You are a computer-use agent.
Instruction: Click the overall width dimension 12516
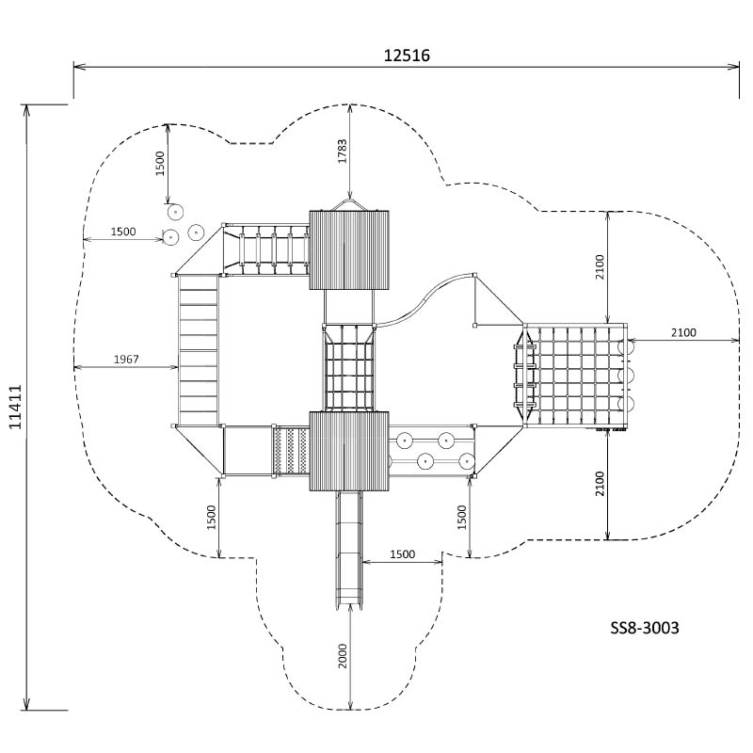coord(407,55)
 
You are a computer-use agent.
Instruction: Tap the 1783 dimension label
coord(341,152)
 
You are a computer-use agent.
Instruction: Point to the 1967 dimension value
coord(126,359)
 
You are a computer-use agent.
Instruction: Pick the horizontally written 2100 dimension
coord(683,331)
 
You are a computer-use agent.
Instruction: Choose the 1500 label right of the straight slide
coord(403,554)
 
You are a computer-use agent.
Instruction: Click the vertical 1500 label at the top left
coord(160,163)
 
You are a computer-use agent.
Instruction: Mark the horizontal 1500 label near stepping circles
coord(123,232)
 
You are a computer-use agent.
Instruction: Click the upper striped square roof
coord(349,249)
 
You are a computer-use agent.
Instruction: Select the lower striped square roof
coord(349,451)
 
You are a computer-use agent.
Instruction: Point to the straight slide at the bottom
coord(349,551)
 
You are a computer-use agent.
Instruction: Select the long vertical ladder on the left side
coord(198,351)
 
